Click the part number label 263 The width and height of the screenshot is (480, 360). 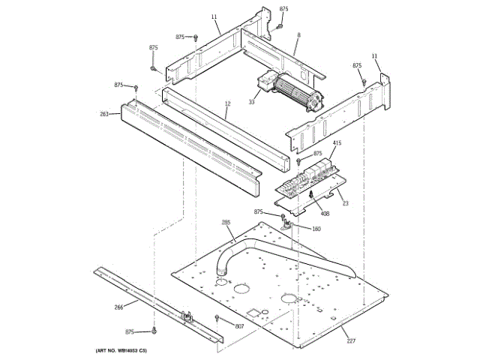[x=104, y=114]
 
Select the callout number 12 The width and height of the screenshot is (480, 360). [x=227, y=103]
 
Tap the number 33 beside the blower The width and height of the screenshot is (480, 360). [x=252, y=102]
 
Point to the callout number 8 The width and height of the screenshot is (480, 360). [x=298, y=35]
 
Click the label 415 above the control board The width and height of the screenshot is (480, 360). [x=316, y=142]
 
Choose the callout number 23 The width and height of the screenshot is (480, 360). [x=345, y=202]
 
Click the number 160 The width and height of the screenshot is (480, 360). [x=316, y=229]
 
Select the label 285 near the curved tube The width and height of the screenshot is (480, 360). [x=226, y=223]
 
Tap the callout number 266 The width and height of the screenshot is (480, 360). [x=119, y=306]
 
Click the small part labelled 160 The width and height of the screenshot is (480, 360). [x=288, y=223]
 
